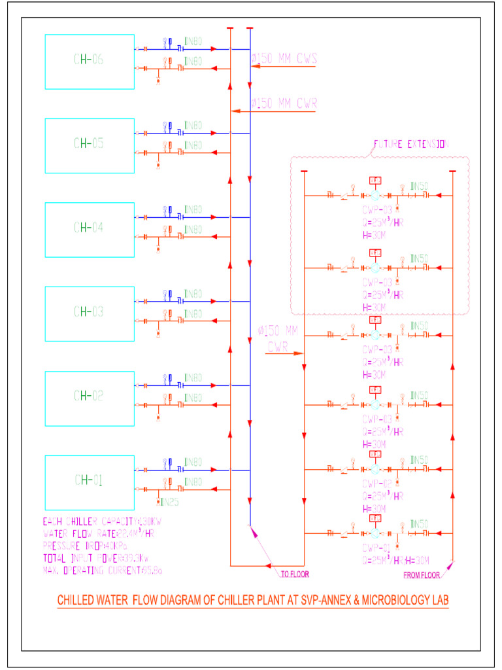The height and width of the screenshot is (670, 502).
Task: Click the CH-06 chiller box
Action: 89,61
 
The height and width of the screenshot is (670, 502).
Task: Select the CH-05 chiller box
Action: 89,145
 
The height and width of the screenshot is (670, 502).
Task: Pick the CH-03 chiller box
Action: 89,312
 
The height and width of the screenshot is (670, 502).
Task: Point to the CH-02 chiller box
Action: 89,396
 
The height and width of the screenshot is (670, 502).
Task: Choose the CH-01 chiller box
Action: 89,482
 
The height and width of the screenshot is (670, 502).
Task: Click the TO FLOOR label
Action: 294,574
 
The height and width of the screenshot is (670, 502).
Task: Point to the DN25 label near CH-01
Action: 169,502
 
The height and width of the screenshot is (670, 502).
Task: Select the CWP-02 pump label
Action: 378,484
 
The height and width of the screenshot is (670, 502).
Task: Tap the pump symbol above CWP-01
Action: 375,535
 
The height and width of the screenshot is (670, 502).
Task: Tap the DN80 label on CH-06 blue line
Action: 193,42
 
